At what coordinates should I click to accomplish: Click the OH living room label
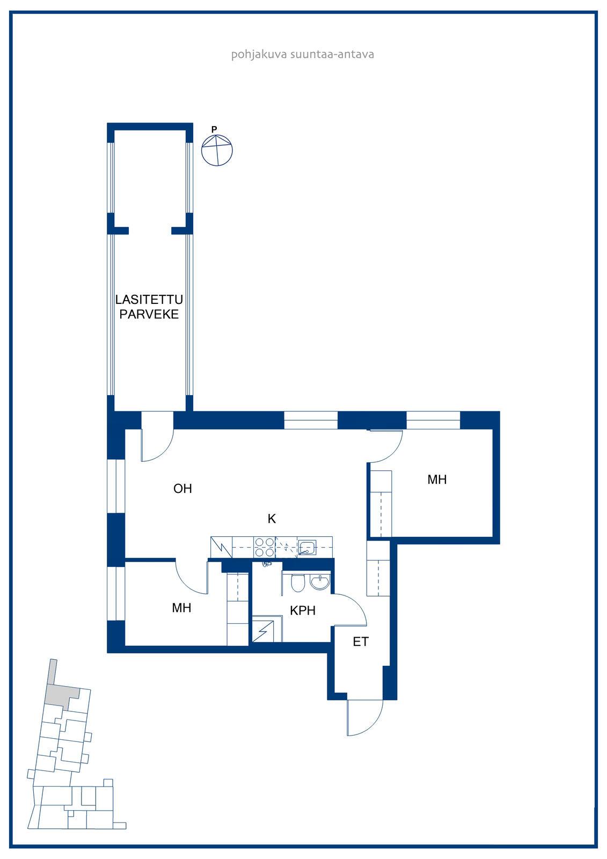182,489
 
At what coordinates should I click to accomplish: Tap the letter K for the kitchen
272,519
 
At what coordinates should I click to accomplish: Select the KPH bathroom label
303,610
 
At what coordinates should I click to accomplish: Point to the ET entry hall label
361,642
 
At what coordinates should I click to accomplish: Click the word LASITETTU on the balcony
149,300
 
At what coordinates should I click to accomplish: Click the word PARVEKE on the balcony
149,315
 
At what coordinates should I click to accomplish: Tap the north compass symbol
217,150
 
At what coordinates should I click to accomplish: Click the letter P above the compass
214,129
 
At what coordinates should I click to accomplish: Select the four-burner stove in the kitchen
265,547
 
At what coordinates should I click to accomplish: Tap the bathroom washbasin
319,582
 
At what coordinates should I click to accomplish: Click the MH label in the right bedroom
437,479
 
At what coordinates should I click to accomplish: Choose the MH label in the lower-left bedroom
181,608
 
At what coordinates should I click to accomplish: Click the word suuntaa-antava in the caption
332,54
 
